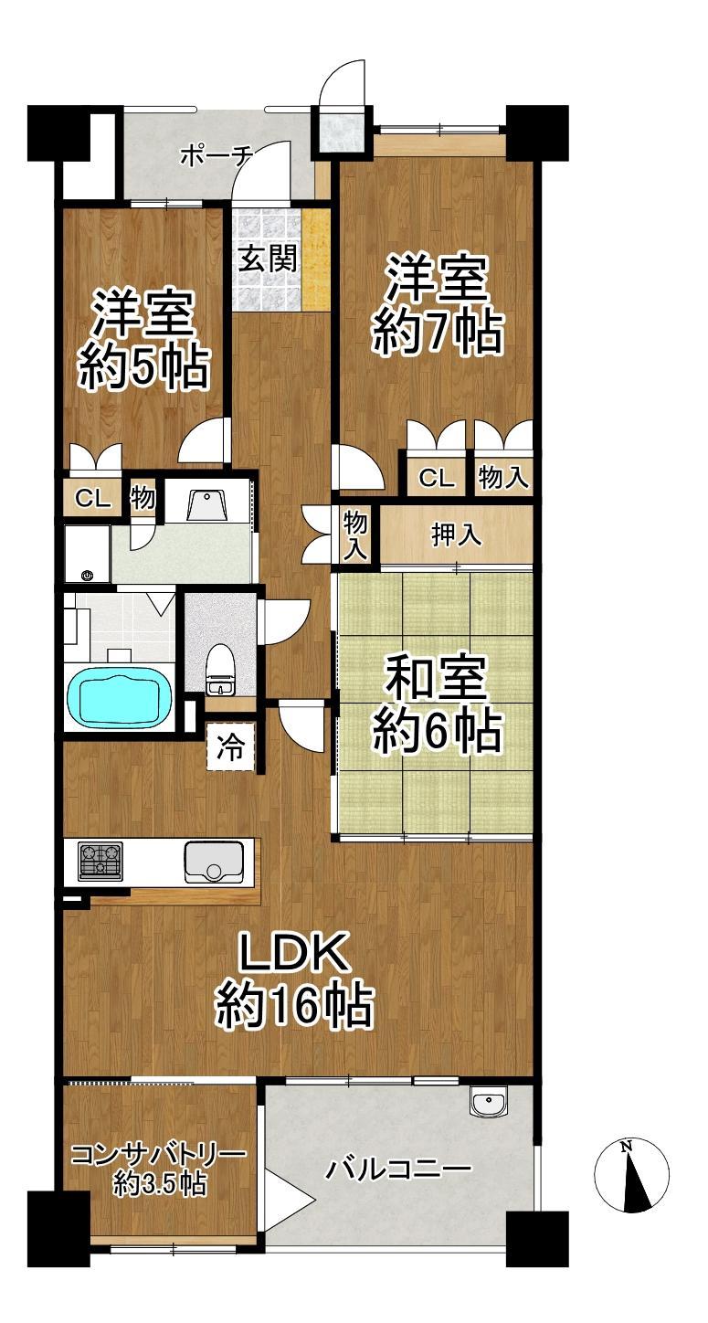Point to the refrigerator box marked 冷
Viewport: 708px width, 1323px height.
pos(231,746)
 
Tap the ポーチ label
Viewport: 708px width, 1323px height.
pos(217,157)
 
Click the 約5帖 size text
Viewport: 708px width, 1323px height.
pos(144,368)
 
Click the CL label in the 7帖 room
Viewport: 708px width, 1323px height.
pos(437,477)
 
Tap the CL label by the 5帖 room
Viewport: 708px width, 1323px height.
pos(93,500)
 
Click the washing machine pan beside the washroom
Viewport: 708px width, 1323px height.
pos(87,554)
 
